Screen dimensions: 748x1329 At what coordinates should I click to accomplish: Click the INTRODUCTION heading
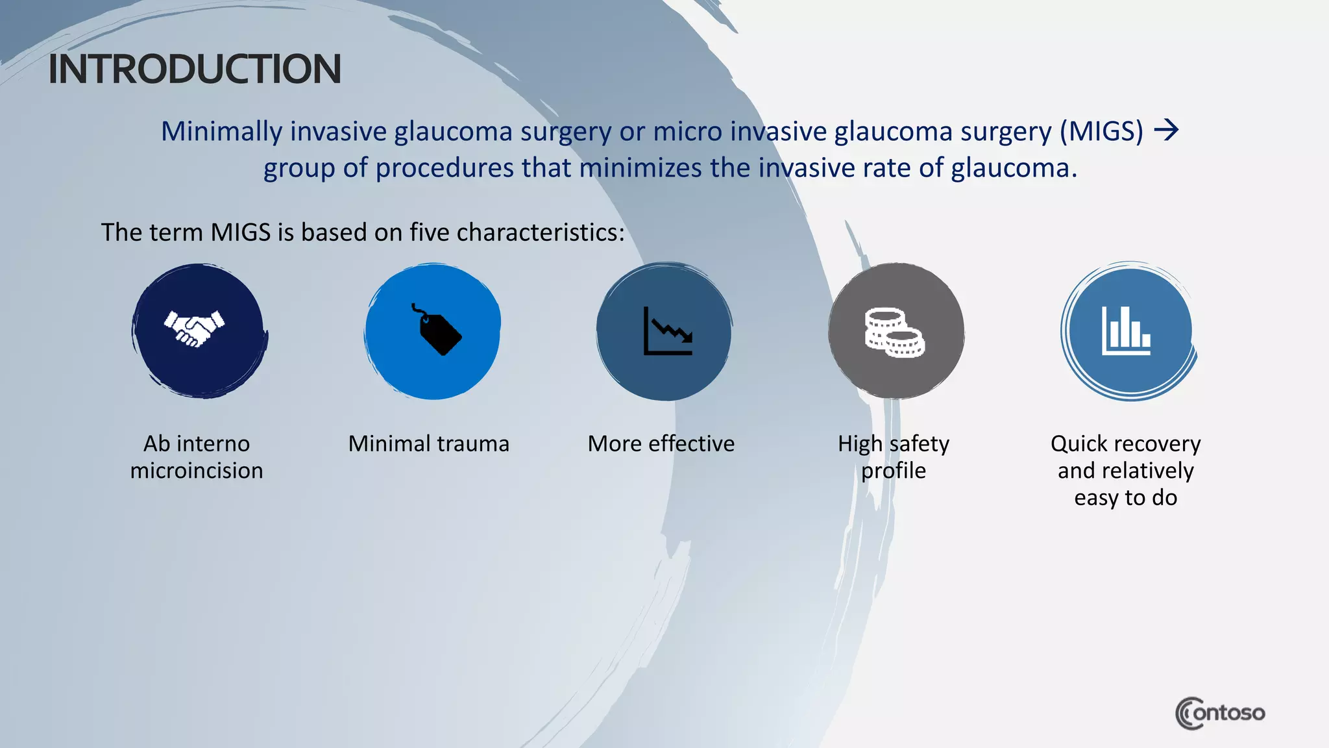(195, 69)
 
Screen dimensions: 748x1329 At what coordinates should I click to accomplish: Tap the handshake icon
(194, 329)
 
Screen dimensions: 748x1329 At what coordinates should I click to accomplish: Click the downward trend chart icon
(667, 332)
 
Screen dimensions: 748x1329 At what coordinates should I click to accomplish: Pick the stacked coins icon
(894, 332)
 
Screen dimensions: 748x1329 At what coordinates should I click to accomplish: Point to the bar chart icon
(1126, 331)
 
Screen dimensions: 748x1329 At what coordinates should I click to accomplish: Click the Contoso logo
(1219, 713)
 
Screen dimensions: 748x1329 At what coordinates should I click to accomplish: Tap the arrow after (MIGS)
(1166, 131)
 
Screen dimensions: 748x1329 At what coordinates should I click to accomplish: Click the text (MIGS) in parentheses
(1101, 131)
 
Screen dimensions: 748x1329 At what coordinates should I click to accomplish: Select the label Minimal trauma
(428, 443)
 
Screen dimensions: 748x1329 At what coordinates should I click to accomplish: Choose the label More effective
(661, 443)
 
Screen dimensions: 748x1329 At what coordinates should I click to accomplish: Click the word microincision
(197, 471)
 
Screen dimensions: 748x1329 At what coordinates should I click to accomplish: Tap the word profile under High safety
(894, 471)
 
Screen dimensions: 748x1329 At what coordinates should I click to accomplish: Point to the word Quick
(1079, 443)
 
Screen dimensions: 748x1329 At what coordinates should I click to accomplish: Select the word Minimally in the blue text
(221, 131)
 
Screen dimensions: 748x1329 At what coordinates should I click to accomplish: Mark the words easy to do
(1125, 498)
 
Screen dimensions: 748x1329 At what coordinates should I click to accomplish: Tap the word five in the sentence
(429, 232)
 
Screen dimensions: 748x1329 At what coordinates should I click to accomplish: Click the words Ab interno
(197, 443)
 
